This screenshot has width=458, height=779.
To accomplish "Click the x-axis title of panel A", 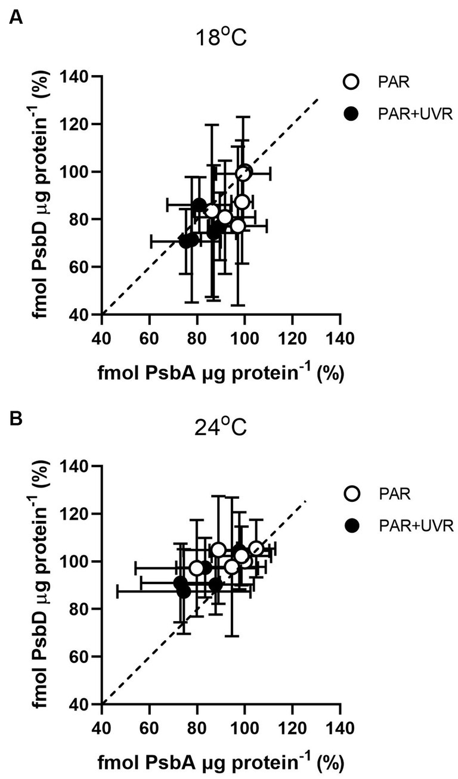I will (x=220, y=373).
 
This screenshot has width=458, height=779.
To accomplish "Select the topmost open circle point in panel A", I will (x=244, y=173).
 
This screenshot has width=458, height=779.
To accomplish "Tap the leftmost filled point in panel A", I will (x=186, y=241).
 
